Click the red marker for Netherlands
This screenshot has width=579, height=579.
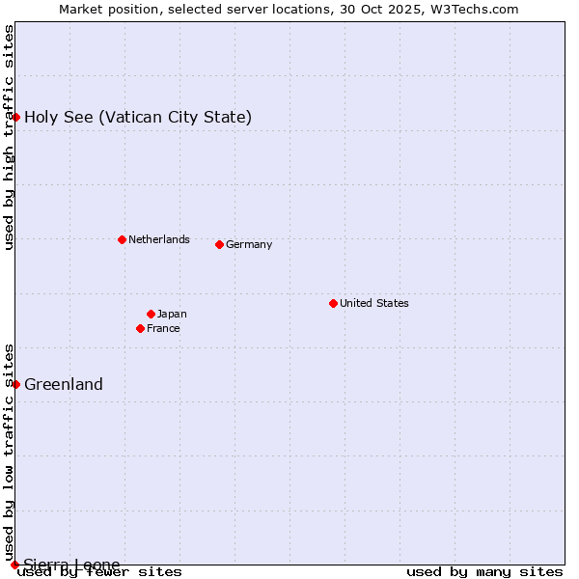(x=122, y=239)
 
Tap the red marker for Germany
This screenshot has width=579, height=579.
(x=219, y=244)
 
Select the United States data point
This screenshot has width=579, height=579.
(x=333, y=303)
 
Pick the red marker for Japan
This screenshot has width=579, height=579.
(x=151, y=314)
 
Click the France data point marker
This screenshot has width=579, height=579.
(x=141, y=328)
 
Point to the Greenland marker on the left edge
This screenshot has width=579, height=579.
(x=15, y=384)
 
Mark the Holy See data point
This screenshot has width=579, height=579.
(x=15, y=117)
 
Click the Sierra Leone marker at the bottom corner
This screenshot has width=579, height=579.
(x=14, y=565)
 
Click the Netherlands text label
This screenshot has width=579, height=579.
(x=158, y=239)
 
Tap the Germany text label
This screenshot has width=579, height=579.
(x=249, y=244)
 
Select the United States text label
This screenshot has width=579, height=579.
(x=373, y=303)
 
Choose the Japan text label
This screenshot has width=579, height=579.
(x=172, y=314)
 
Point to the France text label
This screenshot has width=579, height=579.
(x=163, y=328)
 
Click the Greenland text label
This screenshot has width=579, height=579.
(x=64, y=384)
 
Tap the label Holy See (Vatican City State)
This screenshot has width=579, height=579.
(x=138, y=117)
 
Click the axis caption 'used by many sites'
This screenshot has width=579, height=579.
(x=484, y=572)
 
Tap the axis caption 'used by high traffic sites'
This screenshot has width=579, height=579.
(x=9, y=137)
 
